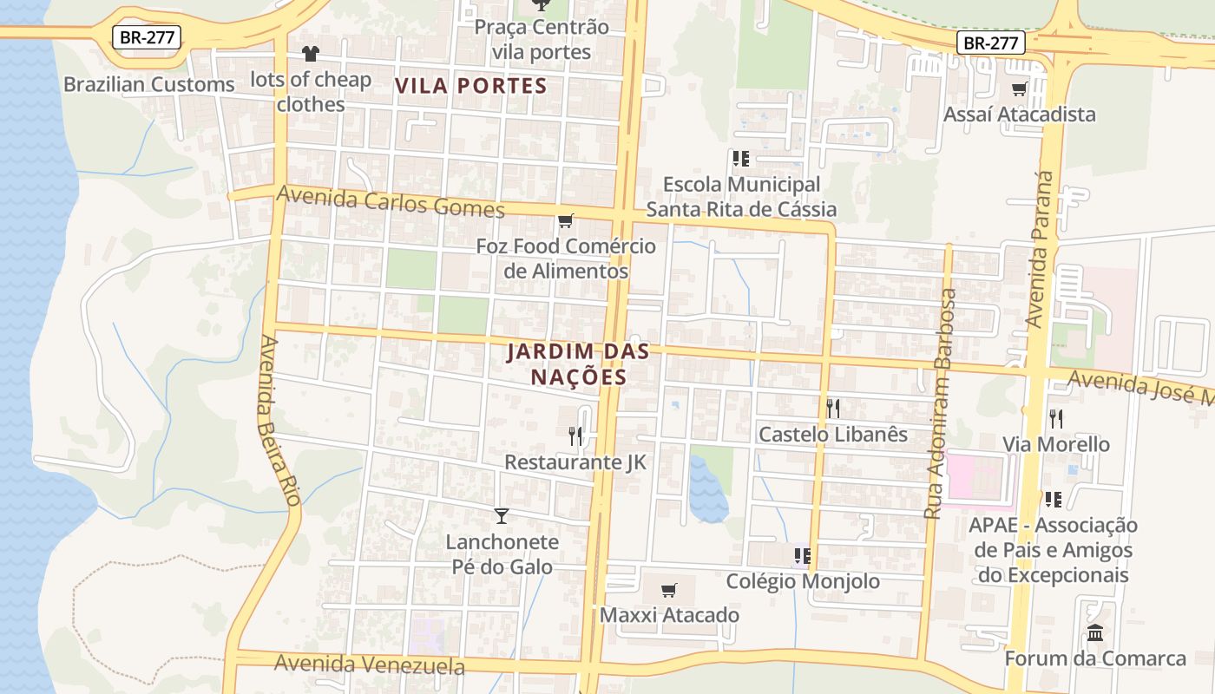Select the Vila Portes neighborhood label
pos(471,86)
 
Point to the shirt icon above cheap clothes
pos(311,54)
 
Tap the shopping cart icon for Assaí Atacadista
pos(1020,88)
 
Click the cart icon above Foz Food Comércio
pos(566,221)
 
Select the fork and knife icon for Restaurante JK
pos(575,436)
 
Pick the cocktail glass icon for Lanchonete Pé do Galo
pos(502,516)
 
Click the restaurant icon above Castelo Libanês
pos(833,408)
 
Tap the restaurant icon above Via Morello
pos(1056,419)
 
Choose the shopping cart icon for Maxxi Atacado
pos(668,591)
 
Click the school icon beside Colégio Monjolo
pos(802,556)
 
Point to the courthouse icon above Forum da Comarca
pos(1095,633)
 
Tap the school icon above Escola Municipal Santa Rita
pos(741,159)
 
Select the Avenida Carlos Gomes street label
pos(391,202)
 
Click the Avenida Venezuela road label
pos(370,665)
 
